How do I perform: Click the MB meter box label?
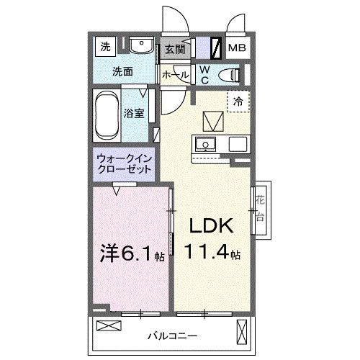[x=236, y=48]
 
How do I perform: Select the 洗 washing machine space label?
[x=105, y=48]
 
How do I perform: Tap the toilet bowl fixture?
[x=230, y=73]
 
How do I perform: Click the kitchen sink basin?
[x=206, y=143]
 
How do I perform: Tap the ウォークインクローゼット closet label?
[x=125, y=165]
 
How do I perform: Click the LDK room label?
[x=210, y=228]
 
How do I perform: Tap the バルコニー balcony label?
[x=172, y=336]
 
